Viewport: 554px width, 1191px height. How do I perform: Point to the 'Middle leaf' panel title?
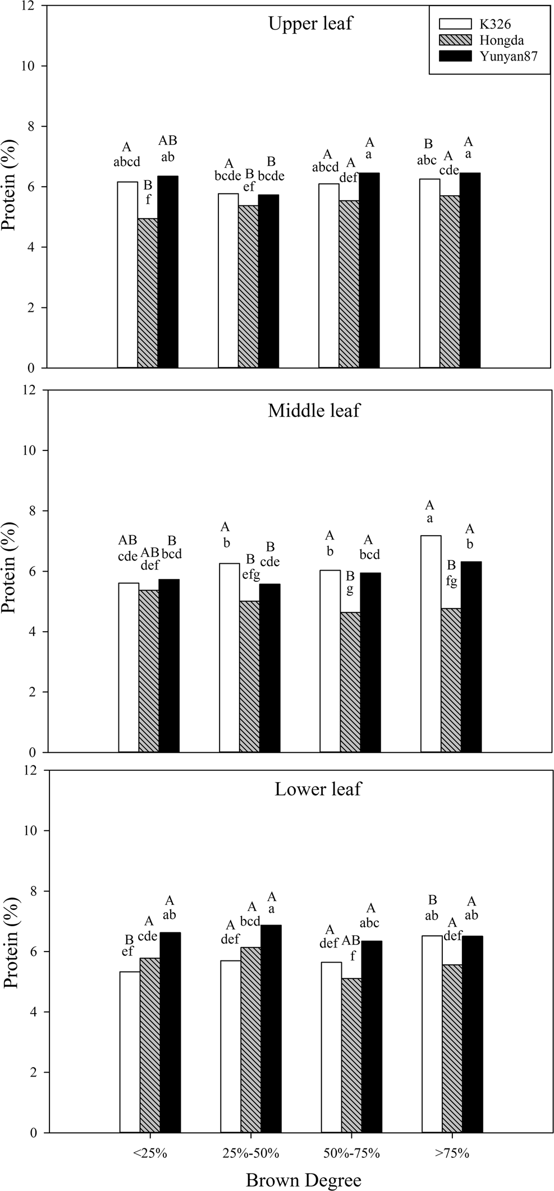[x=314, y=411]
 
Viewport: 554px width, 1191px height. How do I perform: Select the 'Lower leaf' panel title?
[x=318, y=789]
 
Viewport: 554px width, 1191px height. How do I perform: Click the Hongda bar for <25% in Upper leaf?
[x=148, y=293]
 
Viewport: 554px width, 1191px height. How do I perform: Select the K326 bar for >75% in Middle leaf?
[x=431, y=643]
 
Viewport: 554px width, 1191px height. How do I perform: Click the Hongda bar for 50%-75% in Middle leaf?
[x=350, y=682]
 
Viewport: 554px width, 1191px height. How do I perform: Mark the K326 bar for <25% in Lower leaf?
[x=130, y=1052]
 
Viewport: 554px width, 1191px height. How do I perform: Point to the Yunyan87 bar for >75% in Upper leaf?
[x=470, y=270]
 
